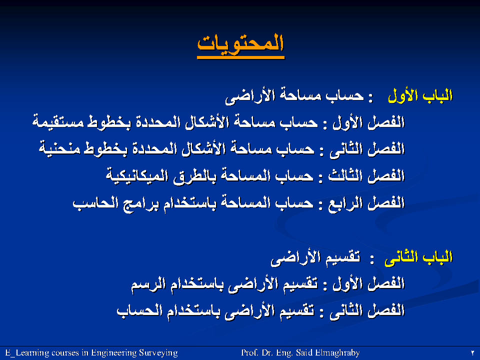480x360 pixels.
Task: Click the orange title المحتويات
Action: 240,43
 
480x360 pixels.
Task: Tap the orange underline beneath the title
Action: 240,57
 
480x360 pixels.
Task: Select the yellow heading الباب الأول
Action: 420,96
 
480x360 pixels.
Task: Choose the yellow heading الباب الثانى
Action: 418,257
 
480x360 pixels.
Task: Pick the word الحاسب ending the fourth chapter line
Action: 95,203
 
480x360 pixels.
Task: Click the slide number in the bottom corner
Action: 472,353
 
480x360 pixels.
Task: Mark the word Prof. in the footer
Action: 250,353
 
